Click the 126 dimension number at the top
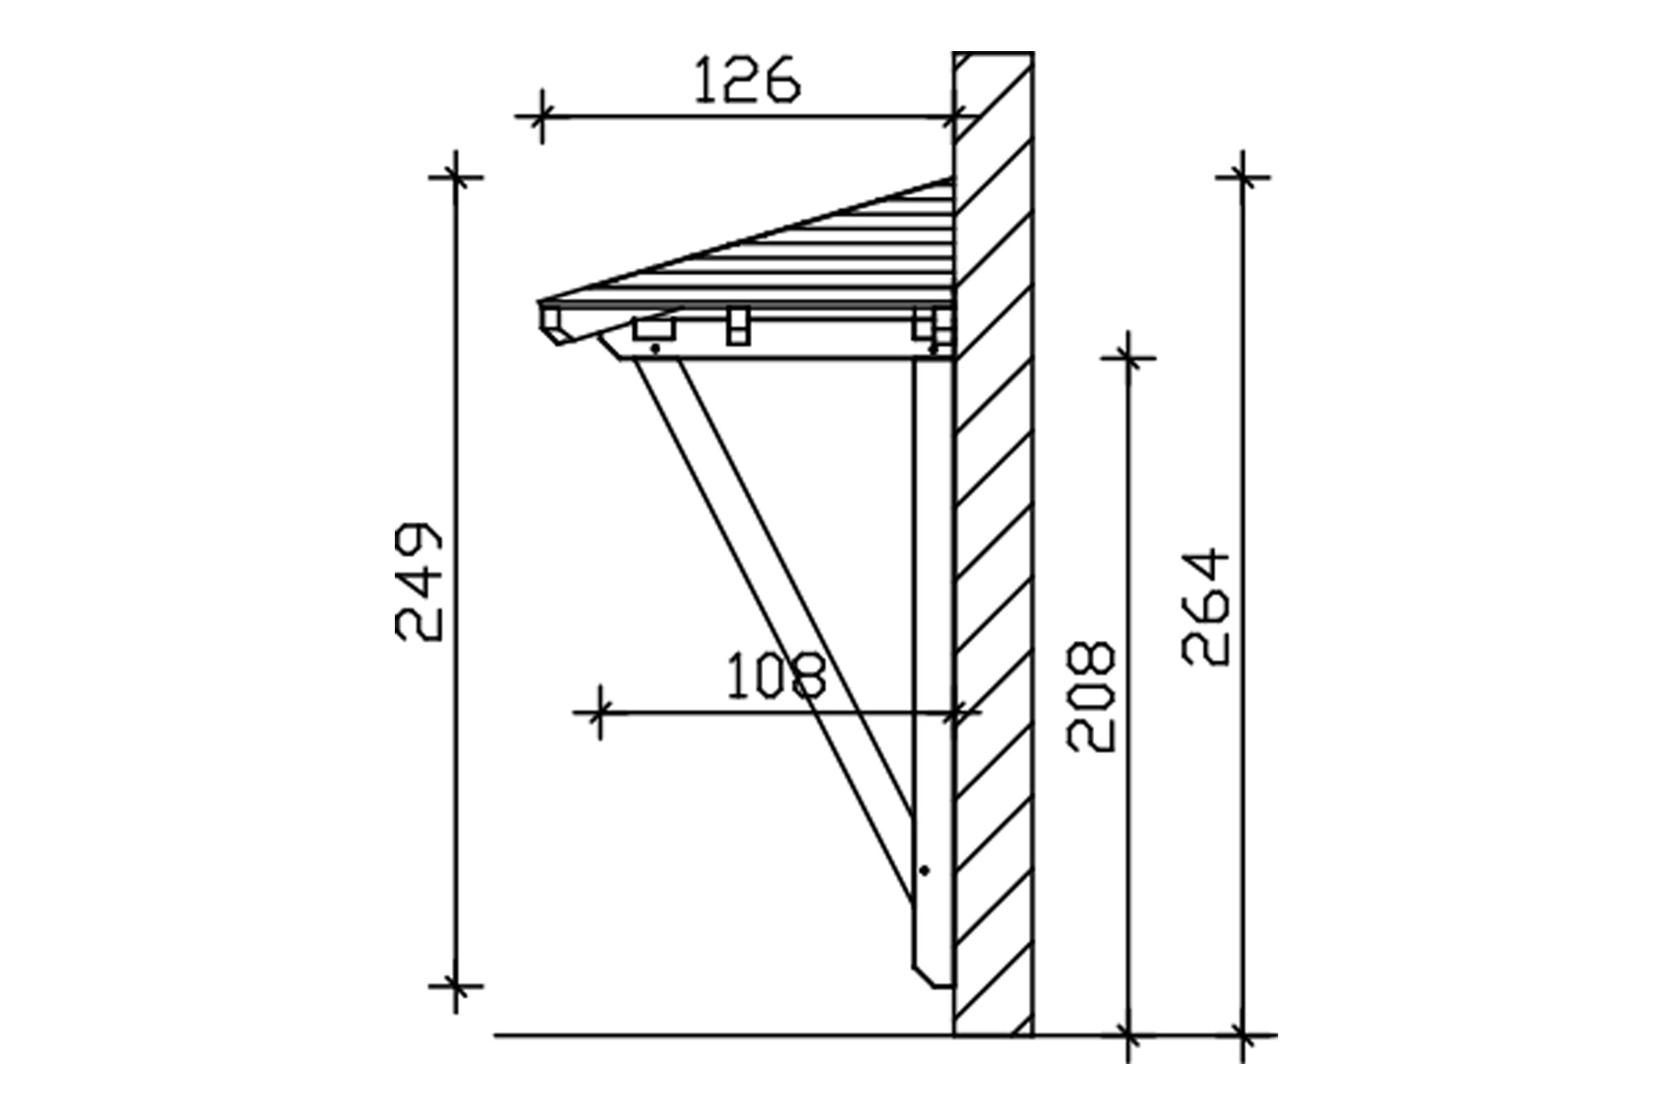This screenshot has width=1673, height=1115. pyautogui.click(x=747, y=79)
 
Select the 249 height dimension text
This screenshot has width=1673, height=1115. pyautogui.click(x=417, y=583)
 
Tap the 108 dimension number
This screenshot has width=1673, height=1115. pyautogui.click(x=775, y=676)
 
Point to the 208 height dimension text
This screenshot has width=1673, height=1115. pyautogui.click(x=1091, y=696)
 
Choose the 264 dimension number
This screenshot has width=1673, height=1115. pyautogui.click(x=1206, y=606)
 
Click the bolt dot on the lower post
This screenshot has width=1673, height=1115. pyautogui.click(x=924, y=871)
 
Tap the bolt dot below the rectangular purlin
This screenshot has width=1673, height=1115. pyautogui.click(x=656, y=347)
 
